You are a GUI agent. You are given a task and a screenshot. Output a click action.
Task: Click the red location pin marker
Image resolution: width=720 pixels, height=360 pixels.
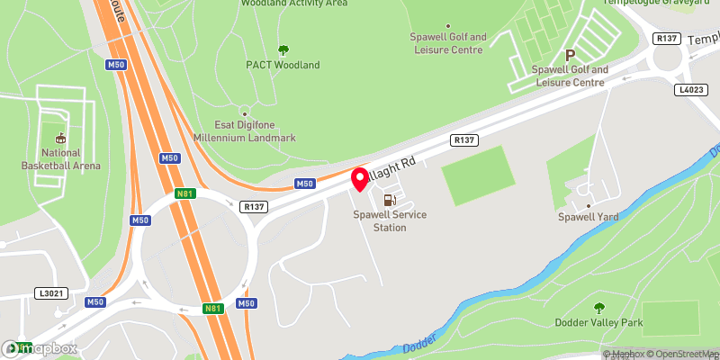(x=359, y=178)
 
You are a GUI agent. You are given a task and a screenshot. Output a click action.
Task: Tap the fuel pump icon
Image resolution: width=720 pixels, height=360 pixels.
(x=389, y=201)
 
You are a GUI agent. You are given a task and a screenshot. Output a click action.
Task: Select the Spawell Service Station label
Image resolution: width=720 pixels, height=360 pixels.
(x=391, y=221)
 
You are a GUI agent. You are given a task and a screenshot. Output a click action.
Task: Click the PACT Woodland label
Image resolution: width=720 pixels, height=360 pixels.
(x=283, y=66)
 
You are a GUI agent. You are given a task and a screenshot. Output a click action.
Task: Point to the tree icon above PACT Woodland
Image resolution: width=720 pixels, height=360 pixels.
(x=283, y=50)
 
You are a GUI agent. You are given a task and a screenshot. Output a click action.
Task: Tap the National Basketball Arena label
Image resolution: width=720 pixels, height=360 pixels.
(x=62, y=159)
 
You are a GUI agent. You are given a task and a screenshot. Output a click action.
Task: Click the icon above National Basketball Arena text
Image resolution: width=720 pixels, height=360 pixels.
(x=61, y=138)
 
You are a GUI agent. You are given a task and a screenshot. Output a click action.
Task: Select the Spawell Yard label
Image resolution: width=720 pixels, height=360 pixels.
(x=587, y=217)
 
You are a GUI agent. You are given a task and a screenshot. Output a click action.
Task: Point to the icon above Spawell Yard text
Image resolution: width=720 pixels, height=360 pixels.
(x=587, y=203)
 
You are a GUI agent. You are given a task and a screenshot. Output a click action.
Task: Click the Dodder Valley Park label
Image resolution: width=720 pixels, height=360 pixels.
(x=599, y=322)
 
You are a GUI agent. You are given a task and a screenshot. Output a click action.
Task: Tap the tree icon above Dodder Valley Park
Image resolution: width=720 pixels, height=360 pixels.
(x=599, y=308)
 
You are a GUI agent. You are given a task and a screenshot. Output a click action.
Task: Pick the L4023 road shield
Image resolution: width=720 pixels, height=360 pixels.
(x=689, y=90)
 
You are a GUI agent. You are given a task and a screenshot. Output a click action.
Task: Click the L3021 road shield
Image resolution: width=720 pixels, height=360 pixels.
(x=49, y=293)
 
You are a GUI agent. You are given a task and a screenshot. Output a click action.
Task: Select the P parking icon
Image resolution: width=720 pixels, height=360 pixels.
(x=569, y=55)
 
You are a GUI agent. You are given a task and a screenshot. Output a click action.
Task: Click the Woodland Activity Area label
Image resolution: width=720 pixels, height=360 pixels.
(x=293, y=4)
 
